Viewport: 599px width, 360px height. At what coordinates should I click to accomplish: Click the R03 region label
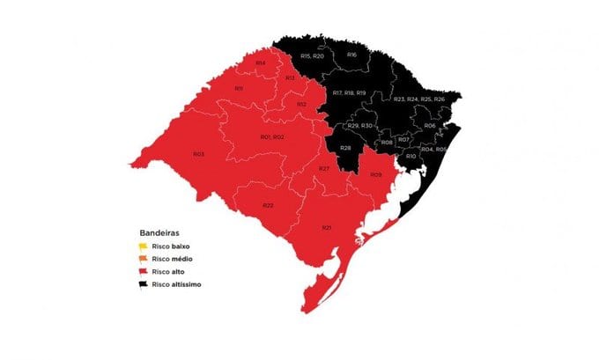198,154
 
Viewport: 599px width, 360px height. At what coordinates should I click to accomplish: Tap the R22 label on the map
268,205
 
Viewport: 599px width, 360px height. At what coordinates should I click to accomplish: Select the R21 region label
327,228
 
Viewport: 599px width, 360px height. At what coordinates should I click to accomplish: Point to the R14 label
261,64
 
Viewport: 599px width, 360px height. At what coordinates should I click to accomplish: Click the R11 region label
239,88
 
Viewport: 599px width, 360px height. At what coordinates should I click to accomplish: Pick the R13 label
290,77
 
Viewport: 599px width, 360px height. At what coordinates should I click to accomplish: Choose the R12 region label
301,104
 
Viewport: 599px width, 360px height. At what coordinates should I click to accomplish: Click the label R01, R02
271,137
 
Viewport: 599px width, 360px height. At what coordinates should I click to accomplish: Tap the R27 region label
324,168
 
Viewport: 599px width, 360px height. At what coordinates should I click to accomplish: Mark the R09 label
376,174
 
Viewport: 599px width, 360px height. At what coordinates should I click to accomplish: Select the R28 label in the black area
346,147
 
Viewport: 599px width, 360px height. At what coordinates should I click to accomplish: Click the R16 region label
351,55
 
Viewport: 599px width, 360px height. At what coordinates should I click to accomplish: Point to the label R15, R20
313,55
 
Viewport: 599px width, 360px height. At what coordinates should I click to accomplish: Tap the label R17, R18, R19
350,92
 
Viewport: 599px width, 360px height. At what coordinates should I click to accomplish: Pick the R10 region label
410,156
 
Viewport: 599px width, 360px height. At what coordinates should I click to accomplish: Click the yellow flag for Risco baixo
143,246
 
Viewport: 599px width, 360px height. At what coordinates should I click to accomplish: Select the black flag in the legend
143,284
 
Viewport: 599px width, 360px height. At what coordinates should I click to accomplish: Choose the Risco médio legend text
172,260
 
